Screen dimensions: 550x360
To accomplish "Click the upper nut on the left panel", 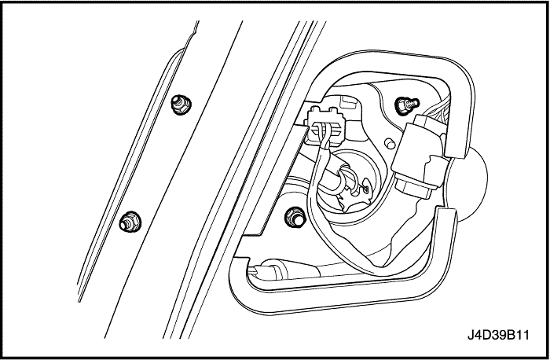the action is coord(181,105).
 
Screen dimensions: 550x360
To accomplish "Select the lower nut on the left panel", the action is coord(130,222).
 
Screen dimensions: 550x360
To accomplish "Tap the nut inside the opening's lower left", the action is coord(295,217).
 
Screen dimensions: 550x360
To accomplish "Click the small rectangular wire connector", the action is coord(324,127).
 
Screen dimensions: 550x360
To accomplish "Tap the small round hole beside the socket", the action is coord(390,144).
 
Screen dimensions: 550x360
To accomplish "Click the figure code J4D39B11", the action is coord(498,335).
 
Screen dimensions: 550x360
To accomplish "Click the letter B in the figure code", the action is coord(510,335).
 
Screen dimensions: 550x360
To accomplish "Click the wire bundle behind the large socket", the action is coord(435,113).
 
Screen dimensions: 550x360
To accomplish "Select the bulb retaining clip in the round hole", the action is coord(355,193).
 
